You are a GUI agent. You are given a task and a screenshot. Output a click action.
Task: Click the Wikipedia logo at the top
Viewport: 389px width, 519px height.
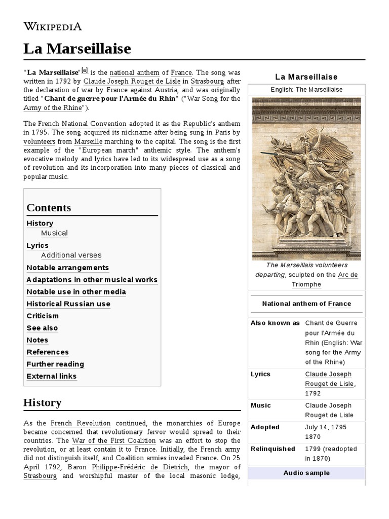tap(53, 26)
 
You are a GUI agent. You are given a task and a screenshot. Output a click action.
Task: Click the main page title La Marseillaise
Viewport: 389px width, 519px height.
tap(77, 49)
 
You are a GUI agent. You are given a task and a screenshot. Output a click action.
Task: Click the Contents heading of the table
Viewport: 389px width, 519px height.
tap(49, 207)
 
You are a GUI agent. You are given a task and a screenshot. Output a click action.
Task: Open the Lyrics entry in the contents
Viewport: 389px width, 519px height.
tap(37, 245)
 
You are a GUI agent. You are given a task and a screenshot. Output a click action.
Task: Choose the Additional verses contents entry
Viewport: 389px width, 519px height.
tap(71, 255)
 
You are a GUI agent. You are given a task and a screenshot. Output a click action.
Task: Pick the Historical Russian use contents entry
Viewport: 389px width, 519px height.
tap(68, 304)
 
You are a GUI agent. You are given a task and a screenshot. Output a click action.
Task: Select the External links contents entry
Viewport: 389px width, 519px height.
tap(52, 376)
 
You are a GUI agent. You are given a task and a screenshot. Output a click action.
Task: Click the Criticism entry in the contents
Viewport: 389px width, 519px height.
tap(43, 316)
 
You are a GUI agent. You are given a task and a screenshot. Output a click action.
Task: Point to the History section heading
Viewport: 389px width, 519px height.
tap(43, 402)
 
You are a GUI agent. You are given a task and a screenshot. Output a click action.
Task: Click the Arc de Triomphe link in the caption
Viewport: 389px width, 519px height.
tap(324, 279)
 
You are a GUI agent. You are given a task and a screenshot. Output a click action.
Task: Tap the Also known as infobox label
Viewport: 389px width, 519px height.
tap(275, 323)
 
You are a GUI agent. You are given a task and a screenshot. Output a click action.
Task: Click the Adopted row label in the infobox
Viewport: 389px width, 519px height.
tap(265, 427)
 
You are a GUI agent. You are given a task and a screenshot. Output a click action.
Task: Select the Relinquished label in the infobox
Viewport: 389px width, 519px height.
tap(273, 449)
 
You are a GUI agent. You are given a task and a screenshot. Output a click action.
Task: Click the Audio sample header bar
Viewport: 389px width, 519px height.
tap(306, 473)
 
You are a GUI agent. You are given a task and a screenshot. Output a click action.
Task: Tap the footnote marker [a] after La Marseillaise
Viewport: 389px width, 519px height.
tap(85, 70)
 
